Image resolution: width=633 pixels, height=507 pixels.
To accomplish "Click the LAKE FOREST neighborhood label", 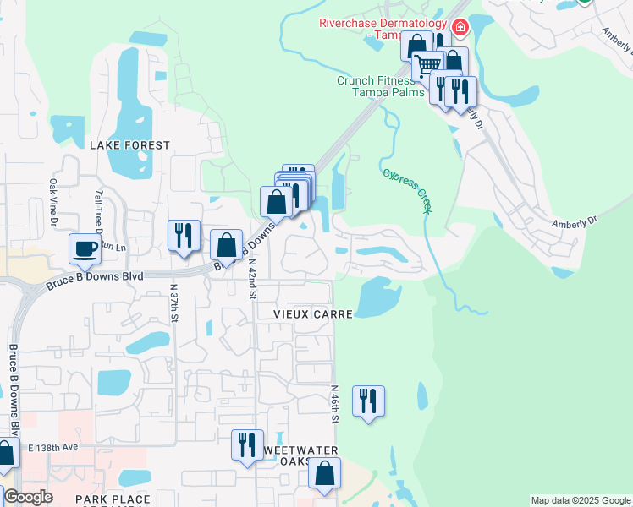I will coord(129,145).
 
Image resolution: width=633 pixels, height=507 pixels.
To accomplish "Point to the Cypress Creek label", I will coord(406,191).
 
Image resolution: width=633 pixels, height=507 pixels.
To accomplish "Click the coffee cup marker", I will coord(85,248).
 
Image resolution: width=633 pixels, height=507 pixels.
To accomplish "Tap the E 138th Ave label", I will coord(52,447).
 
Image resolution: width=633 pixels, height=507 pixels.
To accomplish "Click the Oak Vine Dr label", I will coord(52,201).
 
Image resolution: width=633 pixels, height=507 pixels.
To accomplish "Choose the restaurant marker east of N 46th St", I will coord(368,401).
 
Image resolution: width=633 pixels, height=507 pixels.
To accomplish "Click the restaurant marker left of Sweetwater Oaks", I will coord(247,444).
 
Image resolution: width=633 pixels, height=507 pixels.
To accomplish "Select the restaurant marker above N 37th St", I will coord(184,235).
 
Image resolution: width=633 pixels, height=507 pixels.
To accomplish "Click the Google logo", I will coord(28,497).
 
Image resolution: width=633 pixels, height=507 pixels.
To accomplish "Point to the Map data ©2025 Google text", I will coord(580,500).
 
